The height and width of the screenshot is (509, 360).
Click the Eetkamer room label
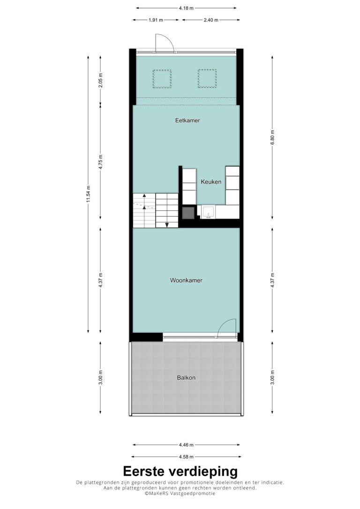tap(187, 120)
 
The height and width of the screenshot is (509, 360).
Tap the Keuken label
tap(211, 182)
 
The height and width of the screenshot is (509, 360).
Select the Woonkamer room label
tap(186, 280)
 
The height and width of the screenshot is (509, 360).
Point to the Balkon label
tap(186, 377)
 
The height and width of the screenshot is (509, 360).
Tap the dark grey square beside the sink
tap(188, 213)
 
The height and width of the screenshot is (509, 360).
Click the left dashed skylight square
tap(162, 79)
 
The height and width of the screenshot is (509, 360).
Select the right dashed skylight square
tap(207, 79)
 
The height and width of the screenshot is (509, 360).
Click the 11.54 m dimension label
tap(88, 194)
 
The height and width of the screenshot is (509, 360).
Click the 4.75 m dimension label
tap(100, 162)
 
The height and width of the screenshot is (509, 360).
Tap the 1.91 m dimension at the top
tap(156, 20)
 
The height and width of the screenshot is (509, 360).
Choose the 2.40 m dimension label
tap(210, 20)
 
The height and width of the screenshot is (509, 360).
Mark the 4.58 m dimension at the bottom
tap(187, 457)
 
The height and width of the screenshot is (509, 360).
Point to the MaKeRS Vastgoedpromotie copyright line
tap(180, 493)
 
